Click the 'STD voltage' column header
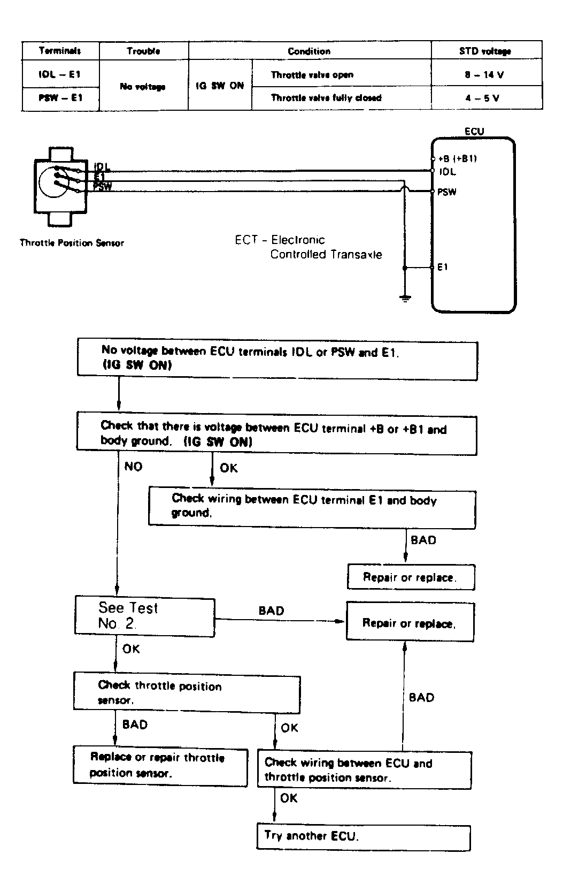(485, 51)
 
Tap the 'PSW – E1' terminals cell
(60, 98)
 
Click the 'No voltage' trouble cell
(143, 86)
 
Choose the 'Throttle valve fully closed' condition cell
(326, 98)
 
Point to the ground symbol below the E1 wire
(405, 298)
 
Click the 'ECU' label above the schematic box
(474, 131)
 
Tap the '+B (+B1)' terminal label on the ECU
(457, 158)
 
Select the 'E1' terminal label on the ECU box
(443, 267)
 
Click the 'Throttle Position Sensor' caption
(72, 243)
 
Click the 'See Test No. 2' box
(144, 617)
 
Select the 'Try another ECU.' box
(364, 837)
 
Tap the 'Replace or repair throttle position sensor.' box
(160, 766)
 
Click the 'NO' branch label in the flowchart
(134, 467)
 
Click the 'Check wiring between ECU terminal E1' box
(312, 507)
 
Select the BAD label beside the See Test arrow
(272, 611)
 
